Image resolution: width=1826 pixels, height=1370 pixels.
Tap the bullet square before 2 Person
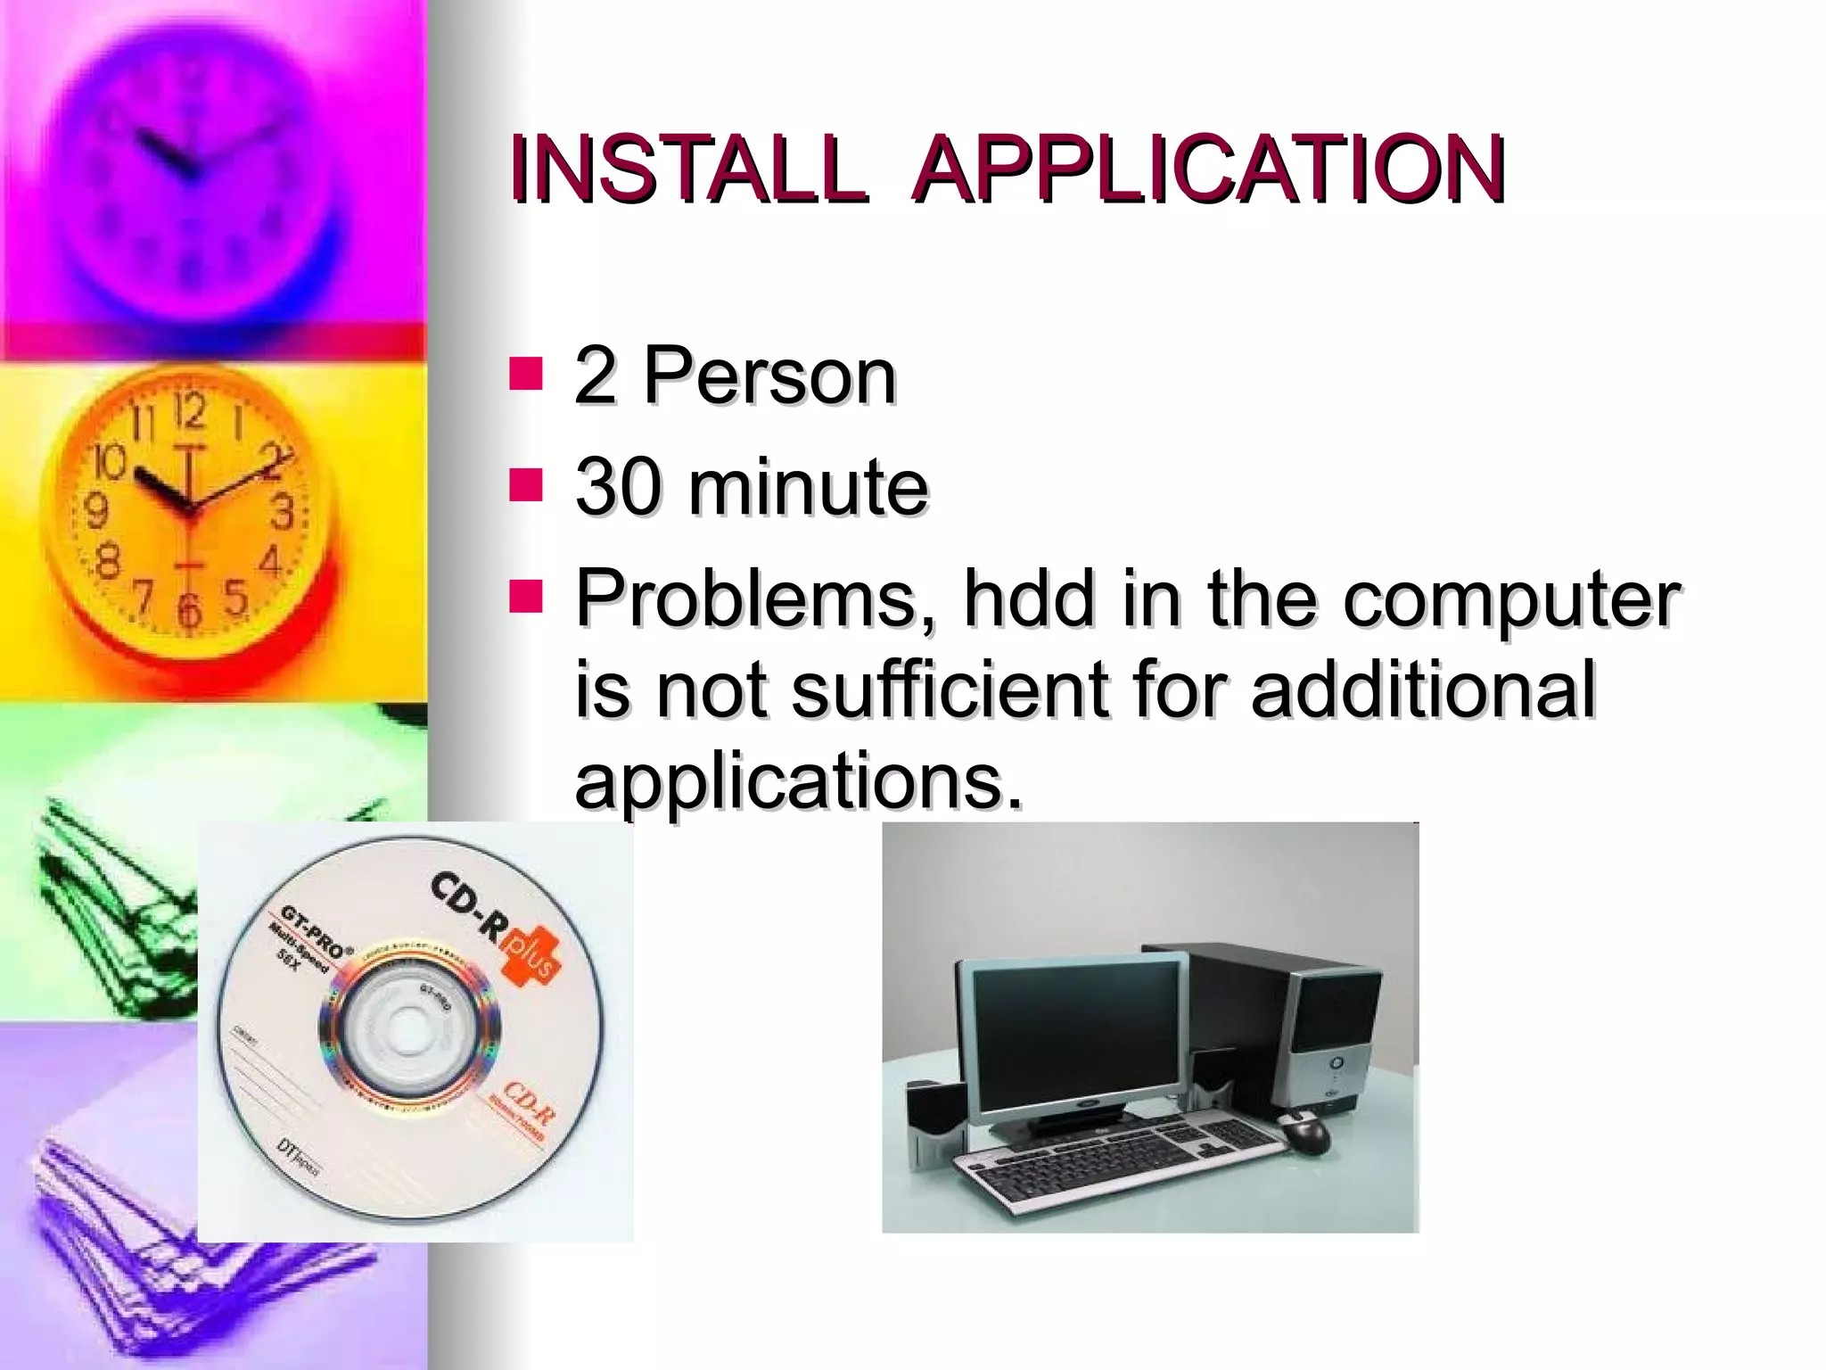tap(526, 375)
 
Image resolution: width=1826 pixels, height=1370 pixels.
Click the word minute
tap(808, 487)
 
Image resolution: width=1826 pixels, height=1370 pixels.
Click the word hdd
tap(1029, 598)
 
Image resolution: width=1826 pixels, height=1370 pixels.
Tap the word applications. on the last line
tap(798, 781)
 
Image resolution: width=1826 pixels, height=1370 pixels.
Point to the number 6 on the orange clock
tap(189, 610)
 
